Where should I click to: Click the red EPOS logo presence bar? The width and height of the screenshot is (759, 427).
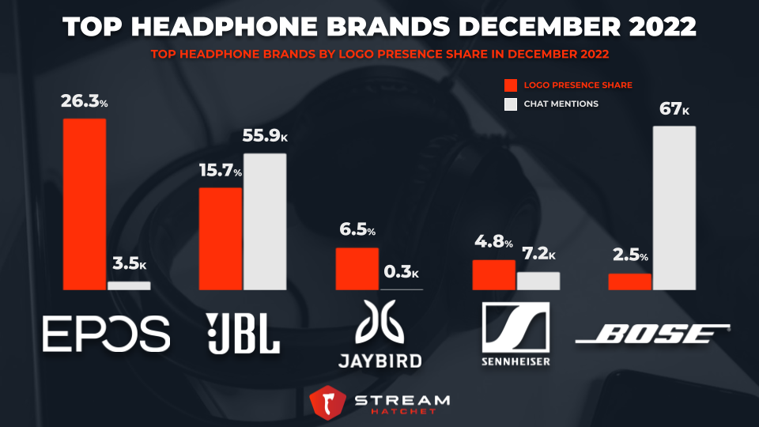pyautogui.click(x=85, y=204)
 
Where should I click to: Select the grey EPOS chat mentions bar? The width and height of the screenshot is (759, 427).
pyautogui.click(x=128, y=285)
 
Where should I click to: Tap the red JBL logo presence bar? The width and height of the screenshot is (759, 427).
pyautogui.click(x=220, y=238)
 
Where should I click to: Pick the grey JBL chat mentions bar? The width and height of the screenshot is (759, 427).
pyautogui.click(x=264, y=221)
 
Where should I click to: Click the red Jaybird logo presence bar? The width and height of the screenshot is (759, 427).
pyautogui.click(x=357, y=269)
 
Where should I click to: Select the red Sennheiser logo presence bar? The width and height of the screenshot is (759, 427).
pyautogui.click(x=493, y=274)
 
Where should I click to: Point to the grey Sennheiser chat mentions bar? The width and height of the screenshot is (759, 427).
pyautogui.click(x=538, y=281)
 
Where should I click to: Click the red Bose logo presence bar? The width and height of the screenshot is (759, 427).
pyautogui.click(x=629, y=282)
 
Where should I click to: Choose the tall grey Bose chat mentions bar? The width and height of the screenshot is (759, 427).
pyautogui.click(x=674, y=207)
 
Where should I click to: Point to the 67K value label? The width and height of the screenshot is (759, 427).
pyautogui.click(x=674, y=108)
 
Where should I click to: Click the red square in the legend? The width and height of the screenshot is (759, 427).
pyautogui.click(x=510, y=85)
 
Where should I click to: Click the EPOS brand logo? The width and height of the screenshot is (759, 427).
pyautogui.click(x=106, y=333)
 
